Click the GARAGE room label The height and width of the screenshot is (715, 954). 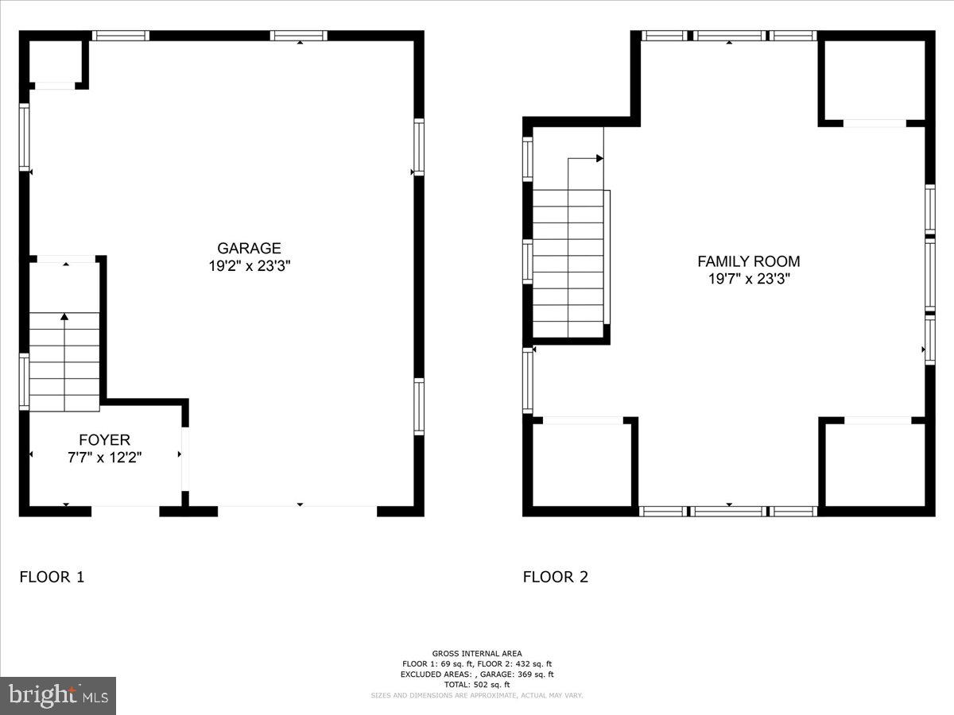(x=249, y=249)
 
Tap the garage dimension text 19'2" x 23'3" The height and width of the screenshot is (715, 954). (x=249, y=267)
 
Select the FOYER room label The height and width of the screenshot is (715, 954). (x=104, y=440)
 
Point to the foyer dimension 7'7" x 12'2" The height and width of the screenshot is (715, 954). (x=104, y=457)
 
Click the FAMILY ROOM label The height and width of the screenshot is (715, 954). (x=748, y=261)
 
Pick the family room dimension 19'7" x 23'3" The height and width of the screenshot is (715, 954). (x=748, y=279)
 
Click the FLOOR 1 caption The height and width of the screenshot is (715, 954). (x=52, y=578)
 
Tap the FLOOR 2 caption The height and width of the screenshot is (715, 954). (x=555, y=578)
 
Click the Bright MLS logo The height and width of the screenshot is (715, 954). (x=58, y=695)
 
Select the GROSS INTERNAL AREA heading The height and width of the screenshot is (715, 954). (x=477, y=653)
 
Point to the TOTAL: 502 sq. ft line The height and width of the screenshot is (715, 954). (x=477, y=684)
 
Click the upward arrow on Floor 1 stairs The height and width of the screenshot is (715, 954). (x=64, y=318)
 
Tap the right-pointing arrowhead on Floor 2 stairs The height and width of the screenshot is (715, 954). (x=599, y=159)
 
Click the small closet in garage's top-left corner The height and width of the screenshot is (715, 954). (x=55, y=61)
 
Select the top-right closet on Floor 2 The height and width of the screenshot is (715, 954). (x=874, y=79)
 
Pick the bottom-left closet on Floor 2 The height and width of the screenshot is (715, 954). (x=583, y=465)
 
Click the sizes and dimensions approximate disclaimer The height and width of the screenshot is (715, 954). (x=477, y=695)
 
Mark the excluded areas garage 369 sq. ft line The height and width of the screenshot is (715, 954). (x=477, y=674)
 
